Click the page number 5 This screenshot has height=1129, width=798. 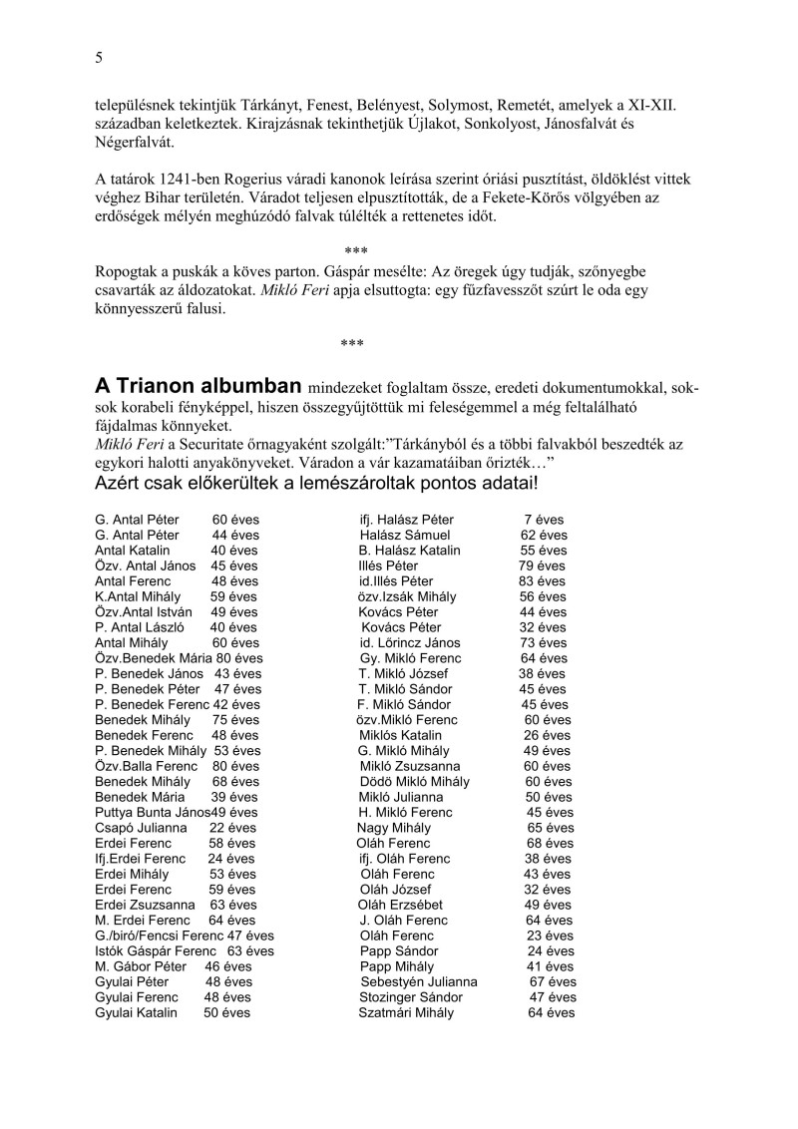(x=99, y=58)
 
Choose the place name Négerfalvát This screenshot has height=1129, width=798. (x=140, y=142)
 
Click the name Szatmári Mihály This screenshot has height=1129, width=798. (x=406, y=1012)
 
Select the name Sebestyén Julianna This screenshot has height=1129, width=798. (x=419, y=981)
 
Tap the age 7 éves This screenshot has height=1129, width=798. (x=544, y=520)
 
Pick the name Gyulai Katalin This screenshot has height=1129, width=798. (x=136, y=1012)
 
